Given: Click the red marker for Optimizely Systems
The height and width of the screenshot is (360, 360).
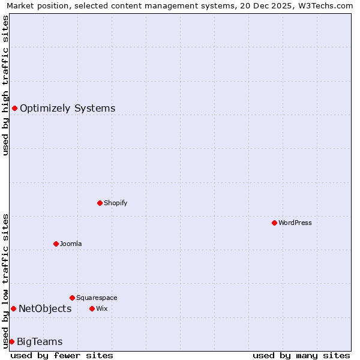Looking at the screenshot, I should [x=14, y=108].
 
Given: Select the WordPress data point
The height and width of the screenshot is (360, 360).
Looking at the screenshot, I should [x=274, y=223].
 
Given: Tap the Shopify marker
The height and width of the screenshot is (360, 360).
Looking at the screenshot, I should [x=100, y=203].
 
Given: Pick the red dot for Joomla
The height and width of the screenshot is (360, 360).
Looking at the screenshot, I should [x=56, y=244].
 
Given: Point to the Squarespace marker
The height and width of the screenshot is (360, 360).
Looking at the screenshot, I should [x=72, y=298].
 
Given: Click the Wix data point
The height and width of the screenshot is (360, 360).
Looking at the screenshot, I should [x=92, y=308].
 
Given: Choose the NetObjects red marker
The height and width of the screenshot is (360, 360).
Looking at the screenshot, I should [x=13, y=308].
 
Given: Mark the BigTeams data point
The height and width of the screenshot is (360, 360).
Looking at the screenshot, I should [x=11, y=341].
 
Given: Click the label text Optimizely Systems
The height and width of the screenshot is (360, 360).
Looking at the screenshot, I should [x=67, y=109].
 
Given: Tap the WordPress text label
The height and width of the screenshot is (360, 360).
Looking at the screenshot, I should [x=295, y=223].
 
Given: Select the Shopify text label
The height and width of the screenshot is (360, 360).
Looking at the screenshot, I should [x=115, y=203].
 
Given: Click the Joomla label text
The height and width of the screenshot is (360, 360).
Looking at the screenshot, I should [x=71, y=244].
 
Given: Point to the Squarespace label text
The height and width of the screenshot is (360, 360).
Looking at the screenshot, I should [x=97, y=298].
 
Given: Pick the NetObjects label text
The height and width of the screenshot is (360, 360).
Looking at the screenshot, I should [x=45, y=309].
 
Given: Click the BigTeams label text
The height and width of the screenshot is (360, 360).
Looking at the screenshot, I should [x=40, y=342].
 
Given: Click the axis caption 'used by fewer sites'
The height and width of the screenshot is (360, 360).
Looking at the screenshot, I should [x=62, y=355].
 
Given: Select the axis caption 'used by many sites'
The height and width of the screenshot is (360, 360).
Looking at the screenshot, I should [x=301, y=355].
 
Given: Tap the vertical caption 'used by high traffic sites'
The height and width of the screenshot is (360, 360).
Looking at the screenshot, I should [x=5, y=85].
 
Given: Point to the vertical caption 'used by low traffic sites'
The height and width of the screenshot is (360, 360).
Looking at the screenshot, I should [x=5, y=281].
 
